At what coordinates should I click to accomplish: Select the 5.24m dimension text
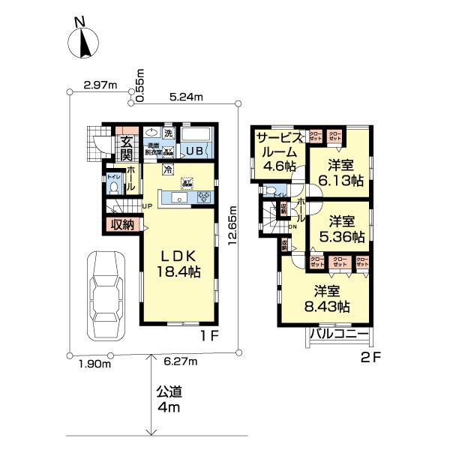pyautogui.click(x=185, y=97)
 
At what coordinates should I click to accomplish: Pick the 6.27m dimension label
pyautogui.click(x=180, y=362)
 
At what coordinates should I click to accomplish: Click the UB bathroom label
pyautogui.click(x=194, y=150)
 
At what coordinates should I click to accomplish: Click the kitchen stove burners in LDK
pyautogui.click(x=203, y=197)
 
